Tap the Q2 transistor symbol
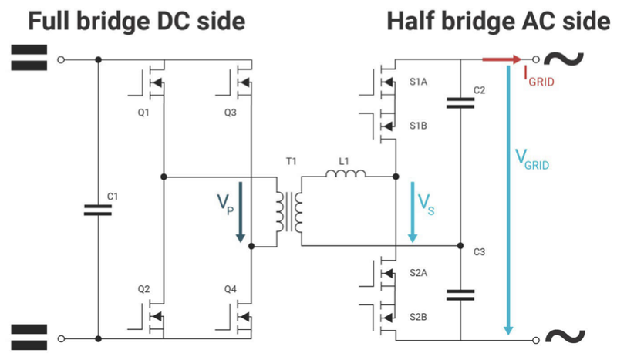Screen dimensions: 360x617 coord(152,312)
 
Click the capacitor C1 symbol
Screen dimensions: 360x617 coord(99,209)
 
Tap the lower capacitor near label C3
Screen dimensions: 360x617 coord(460,294)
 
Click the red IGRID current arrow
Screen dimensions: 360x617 coord(501,59)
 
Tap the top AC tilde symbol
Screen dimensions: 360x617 coord(565,59)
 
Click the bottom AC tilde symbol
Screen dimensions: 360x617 coord(565,338)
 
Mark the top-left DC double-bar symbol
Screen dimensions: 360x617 coord(29,59)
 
